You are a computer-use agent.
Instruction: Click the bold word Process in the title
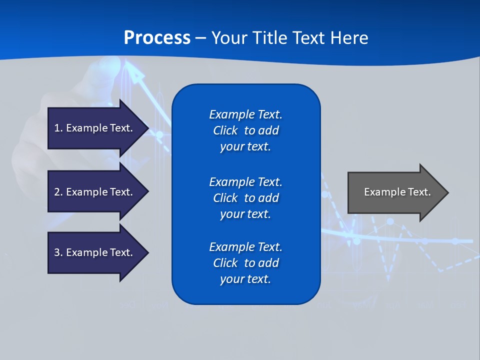(157, 38)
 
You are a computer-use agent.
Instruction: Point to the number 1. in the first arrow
(58, 128)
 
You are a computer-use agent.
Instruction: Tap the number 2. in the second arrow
(58, 192)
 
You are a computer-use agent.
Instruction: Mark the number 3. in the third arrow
(58, 252)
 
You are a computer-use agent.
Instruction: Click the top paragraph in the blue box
(245, 130)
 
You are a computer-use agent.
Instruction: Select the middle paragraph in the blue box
(245, 198)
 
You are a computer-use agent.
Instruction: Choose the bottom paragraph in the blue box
(245, 263)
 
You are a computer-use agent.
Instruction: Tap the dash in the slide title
(200, 38)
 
